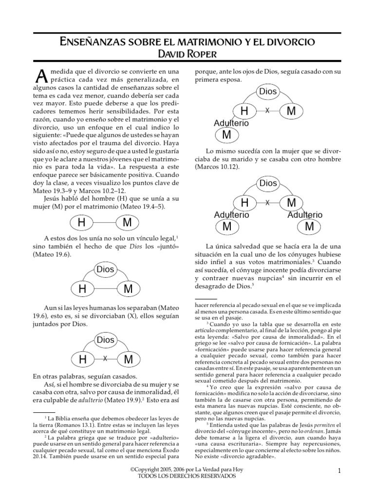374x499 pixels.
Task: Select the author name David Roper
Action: pyautogui.click(x=187, y=54)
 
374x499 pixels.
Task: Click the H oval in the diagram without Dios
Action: pyautogui.click(x=82, y=223)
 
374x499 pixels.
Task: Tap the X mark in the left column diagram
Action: pyautogui.click(x=105, y=359)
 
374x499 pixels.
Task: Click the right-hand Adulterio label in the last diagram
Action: pyautogui.click(x=305, y=214)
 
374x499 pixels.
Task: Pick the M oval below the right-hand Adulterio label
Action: pyautogui.click(x=309, y=227)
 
